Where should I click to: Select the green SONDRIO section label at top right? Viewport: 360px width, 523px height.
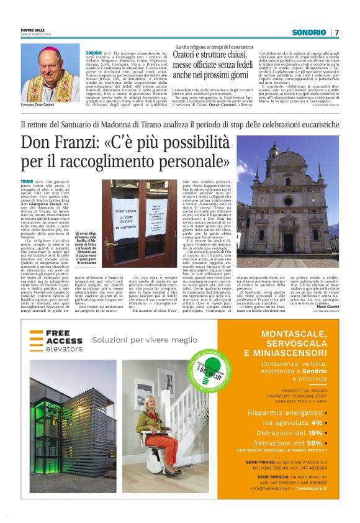[308, 32]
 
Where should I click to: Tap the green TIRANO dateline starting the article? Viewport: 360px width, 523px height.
[27, 180]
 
